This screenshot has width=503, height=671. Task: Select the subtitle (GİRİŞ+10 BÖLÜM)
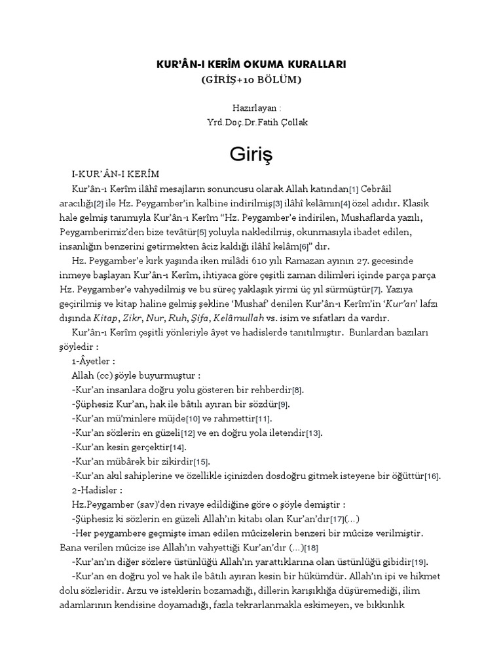pyautogui.click(x=251, y=80)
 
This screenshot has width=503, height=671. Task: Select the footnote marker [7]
pyautogui.click(x=375, y=290)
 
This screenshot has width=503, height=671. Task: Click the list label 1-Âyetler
pyautogui.click(x=93, y=361)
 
